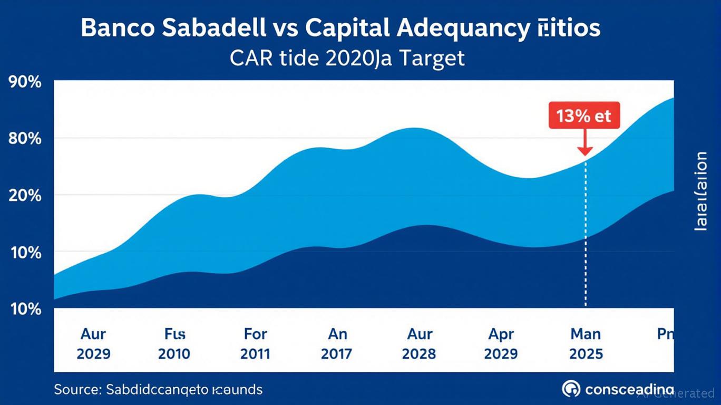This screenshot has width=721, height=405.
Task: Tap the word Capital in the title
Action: pyautogui.click(x=346, y=28)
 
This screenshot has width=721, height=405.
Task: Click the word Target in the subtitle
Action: pyautogui.click(x=431, y=57)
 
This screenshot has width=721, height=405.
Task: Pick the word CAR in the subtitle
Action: pyautogui.click(x=252, y=57)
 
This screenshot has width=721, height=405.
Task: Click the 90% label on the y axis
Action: pyautogui.click(x=24, y=84)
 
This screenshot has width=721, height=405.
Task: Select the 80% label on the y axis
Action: pyautogui.click(x=24, y=140)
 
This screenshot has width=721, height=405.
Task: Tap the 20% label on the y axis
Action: pyautogui.click(x=24, y=196)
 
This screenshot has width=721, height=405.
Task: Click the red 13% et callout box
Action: pyautogui.click(x=584, y=115)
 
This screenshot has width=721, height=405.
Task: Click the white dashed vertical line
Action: pyautogui.click(x=586, y=237)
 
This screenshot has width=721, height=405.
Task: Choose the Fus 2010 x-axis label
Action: pyautogui.click(x=174, y=343)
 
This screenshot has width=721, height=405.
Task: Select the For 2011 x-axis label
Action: pyautogui.click(x=256, y=343)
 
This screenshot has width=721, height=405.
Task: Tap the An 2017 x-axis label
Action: pyautogui.click(x=337, y=343)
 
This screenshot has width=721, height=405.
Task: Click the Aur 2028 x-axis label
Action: pyautogui.click(x=420, y=343)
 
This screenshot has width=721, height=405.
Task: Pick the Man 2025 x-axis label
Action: pyautogui.click(x=586, y=343)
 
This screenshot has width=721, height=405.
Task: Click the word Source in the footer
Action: pyautogui.click(x=77, y=390)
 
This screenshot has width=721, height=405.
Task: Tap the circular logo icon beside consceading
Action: pyautogui.click(x=571, y=389)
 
